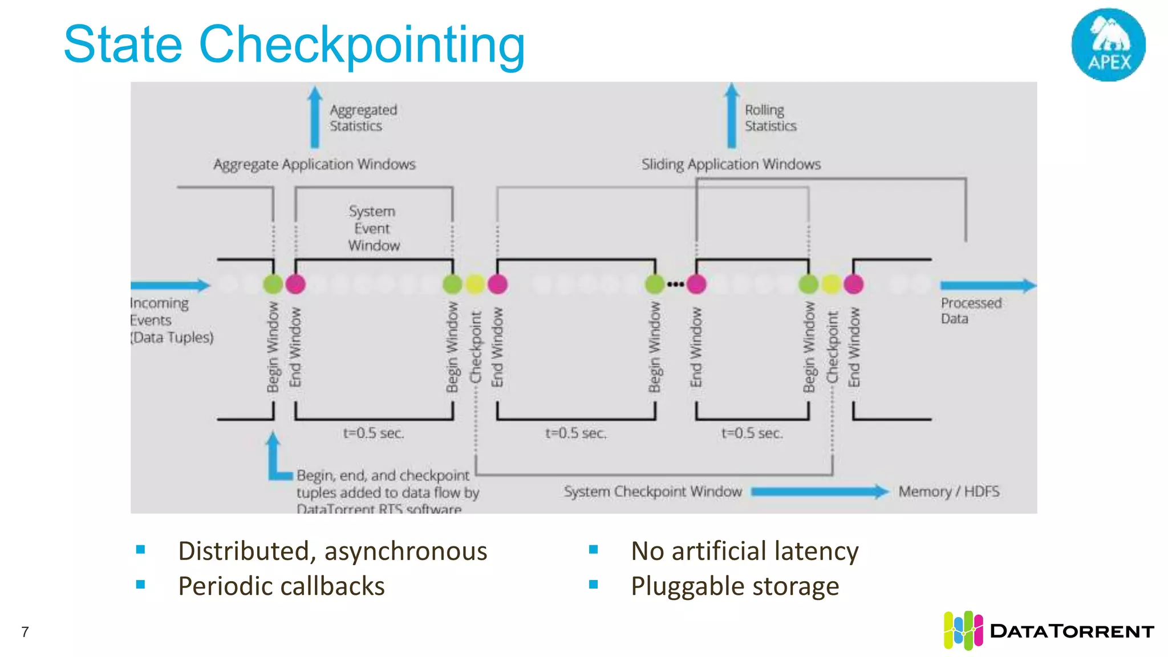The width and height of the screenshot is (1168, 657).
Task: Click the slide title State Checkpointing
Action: pos(294,44)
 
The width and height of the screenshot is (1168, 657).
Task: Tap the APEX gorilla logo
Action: pos(1108,44)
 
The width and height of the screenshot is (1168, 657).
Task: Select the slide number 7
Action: pos(25,632)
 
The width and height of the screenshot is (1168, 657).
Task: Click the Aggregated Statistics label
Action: pos(363,117)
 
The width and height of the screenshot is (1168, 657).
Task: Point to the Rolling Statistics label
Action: pos(770,117)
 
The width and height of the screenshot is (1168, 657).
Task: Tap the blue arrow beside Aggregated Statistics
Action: pos(315,117)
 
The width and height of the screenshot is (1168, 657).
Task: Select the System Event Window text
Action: pos(374,228)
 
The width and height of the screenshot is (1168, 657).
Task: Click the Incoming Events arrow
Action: pos(170,285)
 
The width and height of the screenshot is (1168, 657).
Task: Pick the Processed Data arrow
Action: pos(987,285)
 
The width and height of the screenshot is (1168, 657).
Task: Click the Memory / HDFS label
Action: pos(949,492)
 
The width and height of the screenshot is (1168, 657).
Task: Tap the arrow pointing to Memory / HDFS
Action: pos(820,492)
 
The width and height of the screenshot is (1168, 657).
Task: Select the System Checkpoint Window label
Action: pos(652,492)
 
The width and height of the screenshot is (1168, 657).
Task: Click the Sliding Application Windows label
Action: pos(731,164)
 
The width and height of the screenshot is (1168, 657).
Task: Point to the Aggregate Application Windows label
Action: pos(314,164)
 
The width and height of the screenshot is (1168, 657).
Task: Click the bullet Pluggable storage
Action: pos(735,586)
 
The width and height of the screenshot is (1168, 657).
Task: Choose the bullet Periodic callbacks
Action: pos(281,586)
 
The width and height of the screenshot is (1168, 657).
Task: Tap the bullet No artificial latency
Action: pos(744,551)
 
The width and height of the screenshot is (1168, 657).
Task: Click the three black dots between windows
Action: pos(675,284)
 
